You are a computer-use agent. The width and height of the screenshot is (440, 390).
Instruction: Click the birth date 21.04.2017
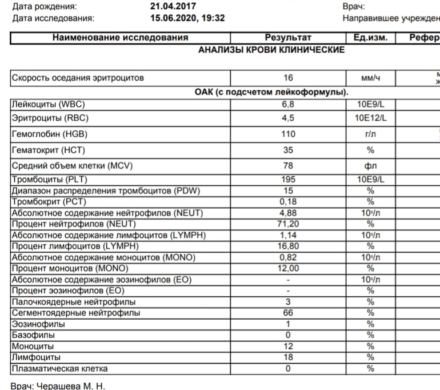173,6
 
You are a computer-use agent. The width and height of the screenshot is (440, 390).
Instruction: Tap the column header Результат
288,38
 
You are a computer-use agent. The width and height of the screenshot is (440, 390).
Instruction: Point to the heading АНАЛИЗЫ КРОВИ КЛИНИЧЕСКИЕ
271,50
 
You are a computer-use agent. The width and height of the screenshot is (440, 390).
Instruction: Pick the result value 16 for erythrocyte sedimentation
288,77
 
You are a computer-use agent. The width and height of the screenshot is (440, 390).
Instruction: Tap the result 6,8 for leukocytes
288,104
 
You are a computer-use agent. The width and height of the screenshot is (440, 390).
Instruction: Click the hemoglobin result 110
288,134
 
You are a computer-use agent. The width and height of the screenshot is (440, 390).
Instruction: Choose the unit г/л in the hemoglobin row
370,134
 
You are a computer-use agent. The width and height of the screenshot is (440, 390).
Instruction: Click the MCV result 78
288,166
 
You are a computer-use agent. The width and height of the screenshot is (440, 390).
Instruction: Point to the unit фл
370,166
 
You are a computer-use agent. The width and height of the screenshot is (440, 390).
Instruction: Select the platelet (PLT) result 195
288,180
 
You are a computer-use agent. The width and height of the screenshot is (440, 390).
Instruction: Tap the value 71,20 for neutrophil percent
288,223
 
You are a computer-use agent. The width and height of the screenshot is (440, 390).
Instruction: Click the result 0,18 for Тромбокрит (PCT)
288,201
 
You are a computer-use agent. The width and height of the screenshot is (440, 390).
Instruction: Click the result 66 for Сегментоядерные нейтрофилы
288,313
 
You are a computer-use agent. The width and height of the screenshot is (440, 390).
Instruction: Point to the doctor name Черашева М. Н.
71,385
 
